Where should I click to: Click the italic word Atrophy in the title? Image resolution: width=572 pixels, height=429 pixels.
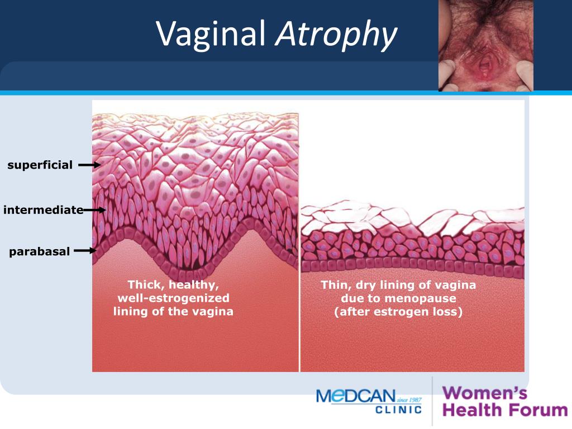pyautogui.click(x=336, y=35)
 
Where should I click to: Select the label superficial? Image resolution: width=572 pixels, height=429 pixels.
pyautogui.click(x=40, y=165)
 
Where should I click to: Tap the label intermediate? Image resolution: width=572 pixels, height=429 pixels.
pyautogui.click(x=43, y=210)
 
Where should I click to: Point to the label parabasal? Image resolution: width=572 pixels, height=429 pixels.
pyautogui.click(x=40, y=252)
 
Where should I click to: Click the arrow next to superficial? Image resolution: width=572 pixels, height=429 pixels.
pyautogui.click(x=89, y=165)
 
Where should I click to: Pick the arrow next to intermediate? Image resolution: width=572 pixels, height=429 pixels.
pyautogui.click(x=94, y=210)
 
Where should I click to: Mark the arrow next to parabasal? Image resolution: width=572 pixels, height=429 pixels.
pyautogui.click(x=85, y=251)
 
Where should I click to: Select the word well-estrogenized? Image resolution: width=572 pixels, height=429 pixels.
pyautogui.click(x=173, y=298)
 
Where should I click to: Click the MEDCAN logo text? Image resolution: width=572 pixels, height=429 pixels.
pyautogui.click(x=356, y=396)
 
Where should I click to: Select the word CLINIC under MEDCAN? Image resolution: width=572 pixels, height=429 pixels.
pyautogui.click(x=398, y=409)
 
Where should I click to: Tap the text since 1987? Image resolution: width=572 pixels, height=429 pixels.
pyautogui.click(x=409, y=400)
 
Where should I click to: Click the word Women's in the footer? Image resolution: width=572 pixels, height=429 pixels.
pyautogui.click(x=485, y=393)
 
